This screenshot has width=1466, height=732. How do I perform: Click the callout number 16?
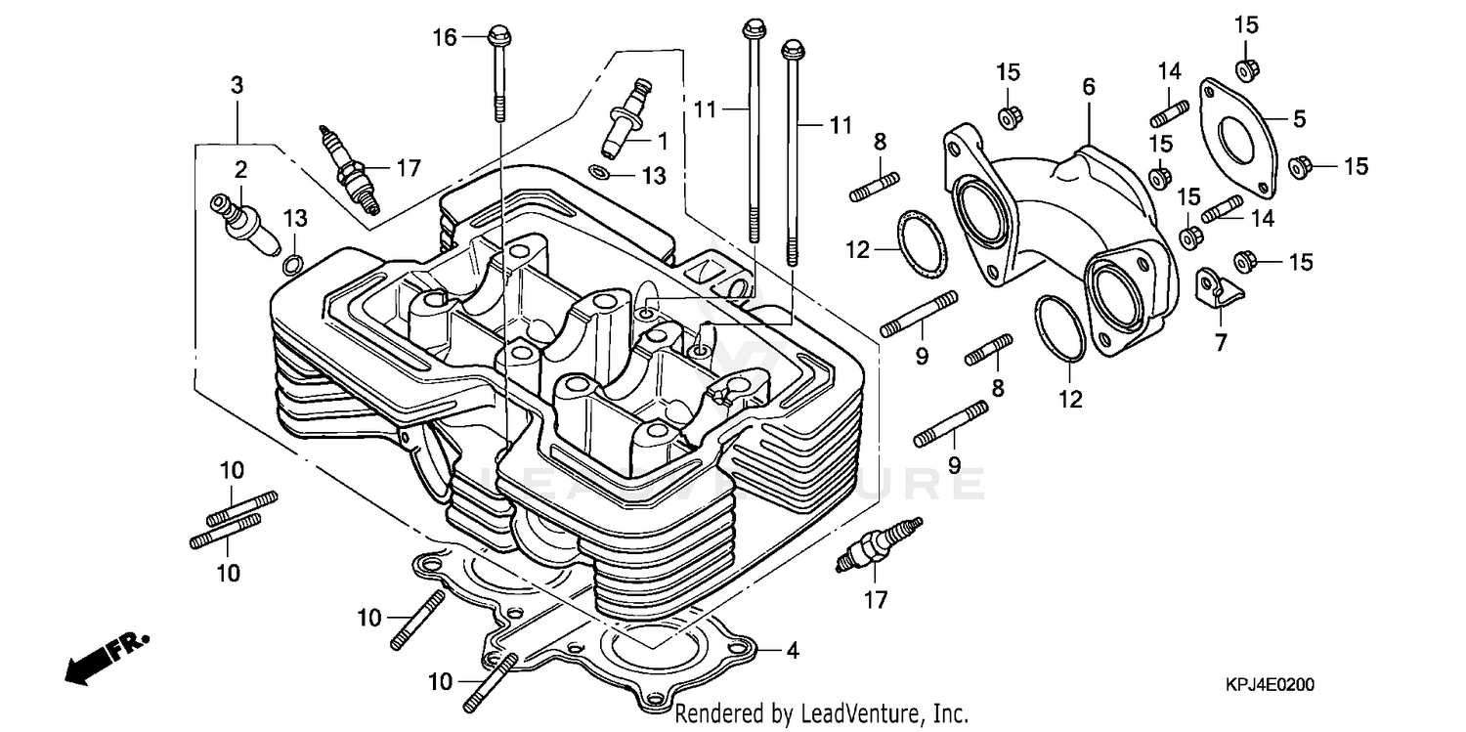click(445, 38)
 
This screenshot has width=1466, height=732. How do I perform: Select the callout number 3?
click(237, 85)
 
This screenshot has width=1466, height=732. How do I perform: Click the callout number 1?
click(662, 141)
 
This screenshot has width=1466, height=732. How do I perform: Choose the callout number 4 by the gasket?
click(792, 650)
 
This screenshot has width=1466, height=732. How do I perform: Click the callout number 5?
click(1299, 119)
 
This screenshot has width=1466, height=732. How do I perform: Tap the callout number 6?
click(1088, 86)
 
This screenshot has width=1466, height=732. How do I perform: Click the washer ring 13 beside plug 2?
click(291, 264)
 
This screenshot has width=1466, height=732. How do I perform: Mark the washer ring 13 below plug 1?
click(601, 173)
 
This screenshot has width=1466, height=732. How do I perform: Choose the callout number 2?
click(240, 168)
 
